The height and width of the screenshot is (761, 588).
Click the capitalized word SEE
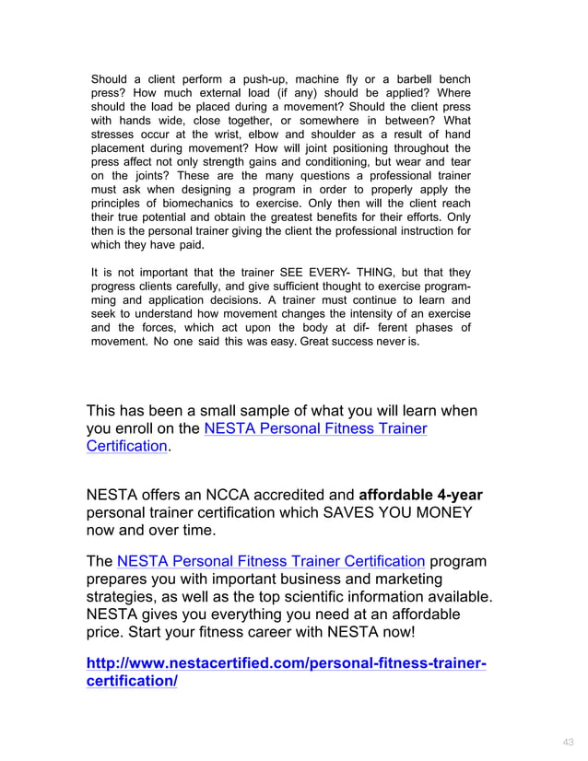coord(280,273)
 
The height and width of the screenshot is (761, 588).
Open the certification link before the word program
coord(271,561)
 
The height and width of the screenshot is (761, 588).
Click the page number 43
coord(567,743)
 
